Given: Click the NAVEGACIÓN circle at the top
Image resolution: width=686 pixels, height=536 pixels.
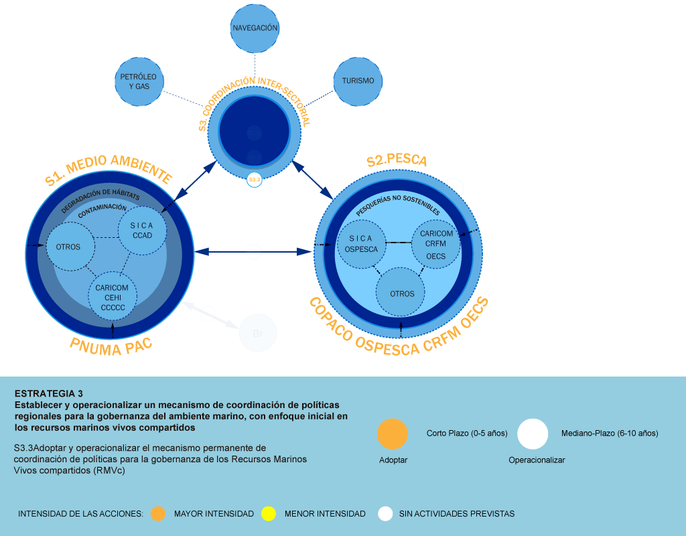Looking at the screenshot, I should [x=255, y=29].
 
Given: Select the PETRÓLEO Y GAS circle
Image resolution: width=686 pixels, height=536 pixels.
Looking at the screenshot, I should [x=139, y=81].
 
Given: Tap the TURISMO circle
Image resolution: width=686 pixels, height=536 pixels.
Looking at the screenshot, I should [x=358, y=81].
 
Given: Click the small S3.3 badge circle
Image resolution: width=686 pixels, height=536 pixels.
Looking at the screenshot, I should [x=255, y=180].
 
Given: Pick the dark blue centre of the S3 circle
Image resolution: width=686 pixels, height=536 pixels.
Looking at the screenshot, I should [x=254, y=131].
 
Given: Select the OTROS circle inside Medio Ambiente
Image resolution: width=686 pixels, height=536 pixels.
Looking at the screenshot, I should [x=69, y=247].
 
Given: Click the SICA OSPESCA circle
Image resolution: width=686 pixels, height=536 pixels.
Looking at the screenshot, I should [x=361, y=244].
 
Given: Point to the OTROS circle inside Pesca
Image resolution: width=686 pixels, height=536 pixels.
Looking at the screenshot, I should [x=402, y=293].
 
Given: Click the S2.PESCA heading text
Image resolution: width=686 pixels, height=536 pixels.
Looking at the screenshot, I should [x=397, y=161].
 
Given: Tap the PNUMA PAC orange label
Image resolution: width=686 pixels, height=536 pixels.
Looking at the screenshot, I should [x=111, y=346].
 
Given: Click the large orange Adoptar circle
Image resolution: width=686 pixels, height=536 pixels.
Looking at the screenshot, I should [x=393, y=434].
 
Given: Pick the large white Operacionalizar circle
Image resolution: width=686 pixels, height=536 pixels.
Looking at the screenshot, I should [x=533, y=434].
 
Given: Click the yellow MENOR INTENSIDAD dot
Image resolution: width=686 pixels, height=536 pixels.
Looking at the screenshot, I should [x=269, y=514].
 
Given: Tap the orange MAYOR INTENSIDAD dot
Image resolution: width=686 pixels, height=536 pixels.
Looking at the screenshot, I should [x=158, y=514].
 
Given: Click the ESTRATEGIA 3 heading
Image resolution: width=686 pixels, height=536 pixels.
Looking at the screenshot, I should [x=48, y=393].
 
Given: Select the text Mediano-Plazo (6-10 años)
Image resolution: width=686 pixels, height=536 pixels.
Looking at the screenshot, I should [x=610, y=433].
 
